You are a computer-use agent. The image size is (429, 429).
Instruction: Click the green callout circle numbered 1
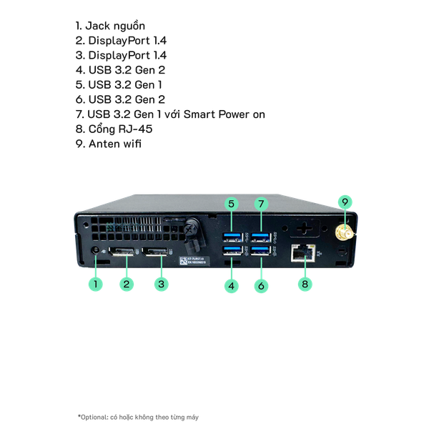[95, 284]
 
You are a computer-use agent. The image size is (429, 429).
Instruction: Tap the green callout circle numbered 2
[127, 284]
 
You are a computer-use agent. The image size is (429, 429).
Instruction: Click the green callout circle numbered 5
[231, 204]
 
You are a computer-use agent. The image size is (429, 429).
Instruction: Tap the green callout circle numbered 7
[261, 204]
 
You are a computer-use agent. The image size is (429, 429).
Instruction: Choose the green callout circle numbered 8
[305, 284]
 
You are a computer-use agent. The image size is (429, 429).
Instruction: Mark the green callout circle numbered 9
[345, 202]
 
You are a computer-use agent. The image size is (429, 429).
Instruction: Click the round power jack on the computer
[97, 251]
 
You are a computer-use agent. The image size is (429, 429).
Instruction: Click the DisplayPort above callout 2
[122, 252]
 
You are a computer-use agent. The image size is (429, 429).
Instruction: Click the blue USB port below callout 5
[232, 237]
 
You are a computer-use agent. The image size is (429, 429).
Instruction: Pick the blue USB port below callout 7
[261, 237]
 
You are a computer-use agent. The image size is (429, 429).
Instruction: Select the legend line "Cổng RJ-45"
[114, 129]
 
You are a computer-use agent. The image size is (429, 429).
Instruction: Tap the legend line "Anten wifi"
[109, 144]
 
